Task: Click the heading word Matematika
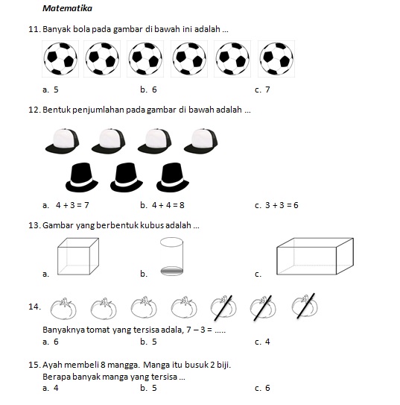(67, 8)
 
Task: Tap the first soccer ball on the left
(60, 59)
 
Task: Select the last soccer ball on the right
(276, 59)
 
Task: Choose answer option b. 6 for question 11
(148, 90)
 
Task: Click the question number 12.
(34, 110)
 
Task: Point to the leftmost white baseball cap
(62, 141)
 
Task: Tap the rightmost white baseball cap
(200, 141)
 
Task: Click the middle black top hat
(127, 178)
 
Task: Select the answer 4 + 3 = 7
(66, 205)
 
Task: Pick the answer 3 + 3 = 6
(276, 205)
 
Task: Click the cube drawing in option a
(78, 257)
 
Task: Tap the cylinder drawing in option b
(171, 257)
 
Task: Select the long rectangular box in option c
(315, 257)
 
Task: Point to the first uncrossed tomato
(63, 308)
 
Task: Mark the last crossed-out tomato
(305, 306)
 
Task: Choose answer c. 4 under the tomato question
(262, 342)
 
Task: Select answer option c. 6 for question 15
(262, 388)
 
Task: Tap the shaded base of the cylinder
(171, 271)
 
